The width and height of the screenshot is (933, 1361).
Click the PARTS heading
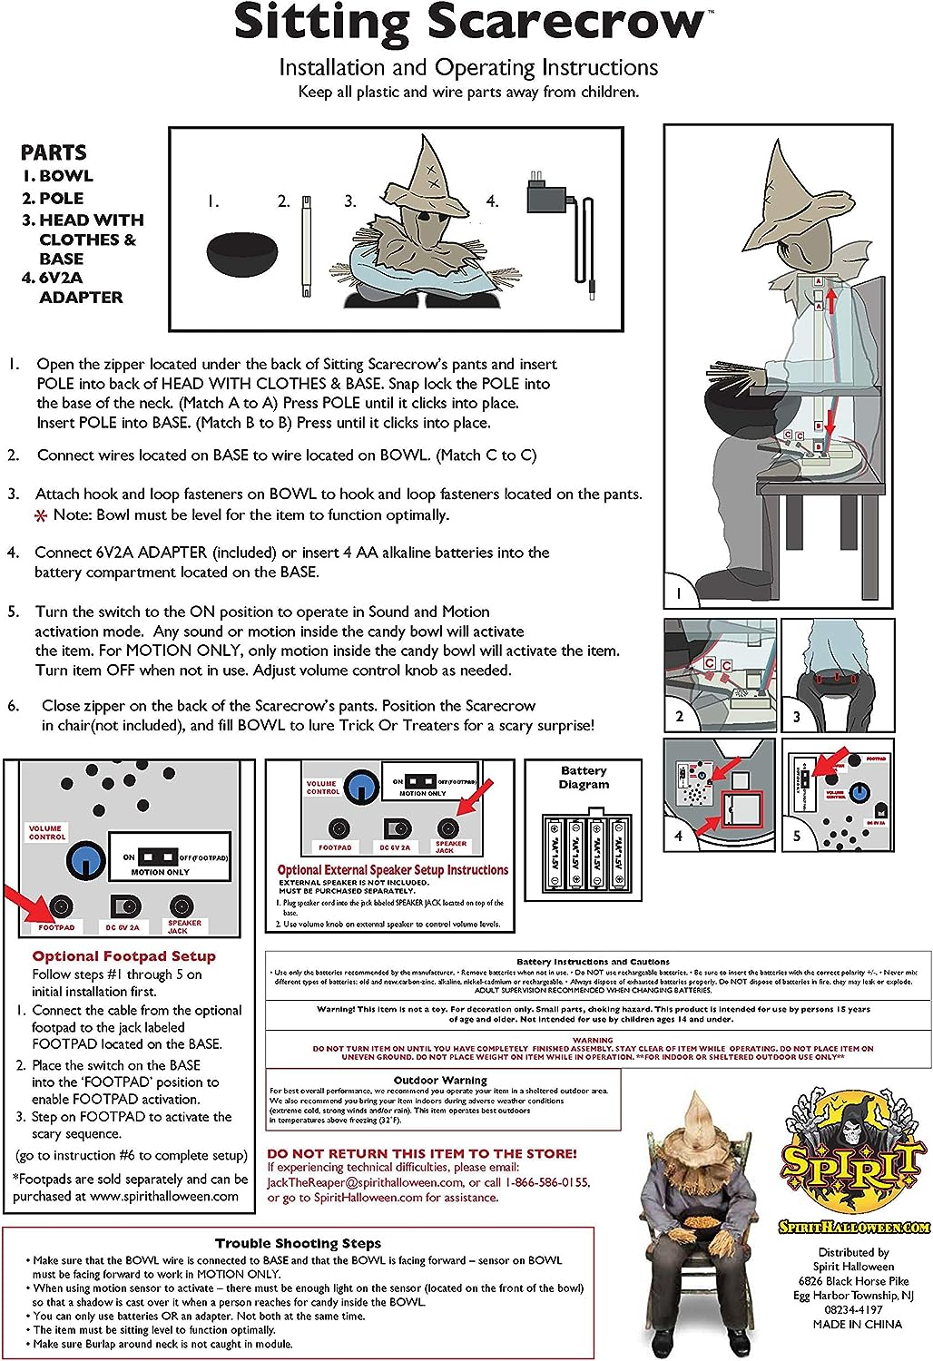pos(54,152)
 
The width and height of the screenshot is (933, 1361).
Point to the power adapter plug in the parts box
pos(546,193)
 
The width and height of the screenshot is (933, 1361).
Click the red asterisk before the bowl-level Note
pos(41,516)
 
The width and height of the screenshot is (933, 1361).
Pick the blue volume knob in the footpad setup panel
pos(86,858)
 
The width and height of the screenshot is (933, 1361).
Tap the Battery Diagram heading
pos(584,778)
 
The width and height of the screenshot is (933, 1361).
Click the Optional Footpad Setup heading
pos(124,956)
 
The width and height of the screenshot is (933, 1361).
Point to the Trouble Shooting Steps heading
pos(298,1243)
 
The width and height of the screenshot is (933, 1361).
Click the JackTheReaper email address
pos(365,1182)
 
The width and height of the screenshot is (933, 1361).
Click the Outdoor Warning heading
pos(440,1080)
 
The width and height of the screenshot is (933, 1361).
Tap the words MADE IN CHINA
pos(857,1324)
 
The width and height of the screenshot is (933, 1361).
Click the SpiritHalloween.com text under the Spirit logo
pos(853,1227)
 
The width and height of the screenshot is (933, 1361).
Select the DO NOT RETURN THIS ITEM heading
pos(422,1153)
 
